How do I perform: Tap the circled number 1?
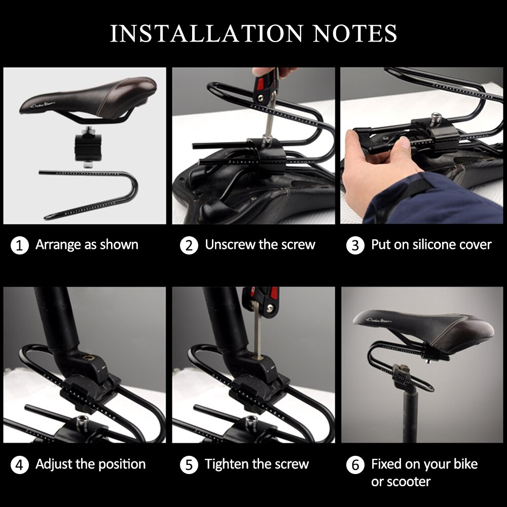[19, 246]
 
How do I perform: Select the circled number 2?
[189, 246]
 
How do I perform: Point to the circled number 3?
[355, 246]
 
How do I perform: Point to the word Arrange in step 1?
[58, 245]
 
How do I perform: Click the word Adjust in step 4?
[54, 464]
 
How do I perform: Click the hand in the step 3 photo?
[375, 162]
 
